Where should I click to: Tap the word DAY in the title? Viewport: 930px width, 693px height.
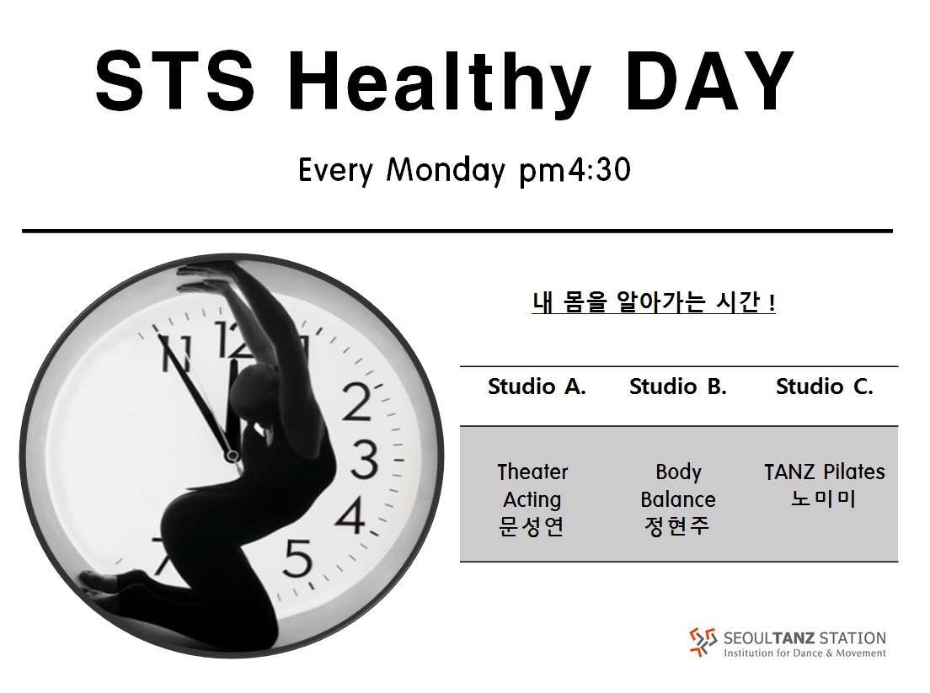point(709,81)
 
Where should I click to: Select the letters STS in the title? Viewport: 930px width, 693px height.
point(175,81)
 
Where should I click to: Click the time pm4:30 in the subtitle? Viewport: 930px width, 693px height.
point(575,171)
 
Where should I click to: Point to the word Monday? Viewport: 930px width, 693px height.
point(446,170)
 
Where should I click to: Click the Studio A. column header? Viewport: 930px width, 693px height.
point(537,386)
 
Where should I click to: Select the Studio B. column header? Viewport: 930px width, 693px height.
point(678,386)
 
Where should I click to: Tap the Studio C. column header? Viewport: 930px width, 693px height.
point(825,386)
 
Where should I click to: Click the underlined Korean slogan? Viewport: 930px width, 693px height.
point(654,302)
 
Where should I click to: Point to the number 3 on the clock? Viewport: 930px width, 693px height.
point(364,460)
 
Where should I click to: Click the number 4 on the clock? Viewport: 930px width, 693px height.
point(350,514)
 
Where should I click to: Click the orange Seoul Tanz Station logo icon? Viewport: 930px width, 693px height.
point(703,642)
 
